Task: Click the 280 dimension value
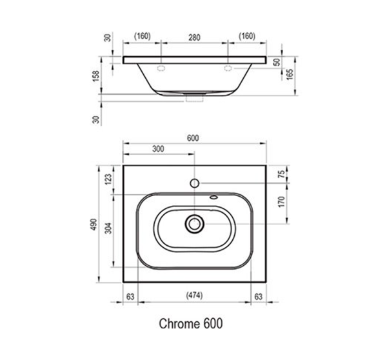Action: click(194, 36)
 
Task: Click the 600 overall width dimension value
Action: click(193, 138)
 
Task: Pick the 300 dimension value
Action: click(157, 149)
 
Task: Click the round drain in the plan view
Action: click(193, 224)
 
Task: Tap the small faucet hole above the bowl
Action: click(193, 183)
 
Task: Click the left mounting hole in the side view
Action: click(161, 67)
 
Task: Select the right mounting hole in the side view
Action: click(228, 67)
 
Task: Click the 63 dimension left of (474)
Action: click(130, 297)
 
